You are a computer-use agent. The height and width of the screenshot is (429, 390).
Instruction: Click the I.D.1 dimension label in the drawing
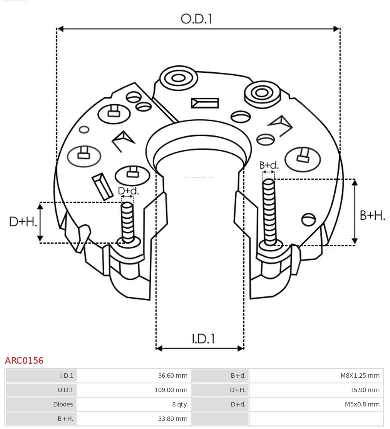click(203, 339)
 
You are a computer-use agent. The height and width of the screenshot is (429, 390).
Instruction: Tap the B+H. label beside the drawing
click(372, 216)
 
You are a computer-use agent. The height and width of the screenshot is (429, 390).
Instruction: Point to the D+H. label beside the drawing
click(23, 222)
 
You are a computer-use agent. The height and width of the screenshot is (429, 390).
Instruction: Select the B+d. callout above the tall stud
click(269, 165)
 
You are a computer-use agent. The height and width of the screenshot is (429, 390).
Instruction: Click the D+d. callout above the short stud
click(128, 191)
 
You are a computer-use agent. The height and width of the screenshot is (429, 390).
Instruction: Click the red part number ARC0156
click(24, 361)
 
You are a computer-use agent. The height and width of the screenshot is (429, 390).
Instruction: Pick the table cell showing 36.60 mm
click(134, 376)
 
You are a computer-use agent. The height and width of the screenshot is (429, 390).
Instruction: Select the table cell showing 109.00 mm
click(134, 390)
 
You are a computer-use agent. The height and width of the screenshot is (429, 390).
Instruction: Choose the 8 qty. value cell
click(134, 404)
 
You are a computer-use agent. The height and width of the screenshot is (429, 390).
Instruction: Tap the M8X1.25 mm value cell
click(316, 376)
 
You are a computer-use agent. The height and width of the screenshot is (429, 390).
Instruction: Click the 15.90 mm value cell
click(316, 390)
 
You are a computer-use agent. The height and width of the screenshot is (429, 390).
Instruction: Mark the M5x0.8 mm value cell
click(316, 404)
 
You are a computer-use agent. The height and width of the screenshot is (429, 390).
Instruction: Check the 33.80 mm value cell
click(134, 418)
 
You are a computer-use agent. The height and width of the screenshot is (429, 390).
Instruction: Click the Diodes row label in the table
click(40, 404)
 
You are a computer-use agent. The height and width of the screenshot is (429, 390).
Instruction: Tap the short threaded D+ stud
click(128, 221)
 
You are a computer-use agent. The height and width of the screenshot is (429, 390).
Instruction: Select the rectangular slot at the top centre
click(205, 103)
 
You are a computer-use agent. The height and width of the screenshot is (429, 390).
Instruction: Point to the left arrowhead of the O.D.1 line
click(60, 29)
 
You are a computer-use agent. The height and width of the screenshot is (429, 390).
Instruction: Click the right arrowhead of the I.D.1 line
click(240, 348)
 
